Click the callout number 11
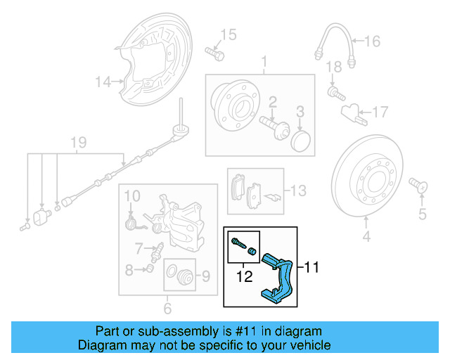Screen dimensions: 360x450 point(312,266)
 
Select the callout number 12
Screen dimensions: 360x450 point(244,277)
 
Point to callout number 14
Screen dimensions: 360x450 point(103,82)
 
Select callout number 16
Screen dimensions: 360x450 point(371,41)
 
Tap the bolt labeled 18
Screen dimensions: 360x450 point(334,91)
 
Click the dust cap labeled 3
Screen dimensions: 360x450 point(300,139)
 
